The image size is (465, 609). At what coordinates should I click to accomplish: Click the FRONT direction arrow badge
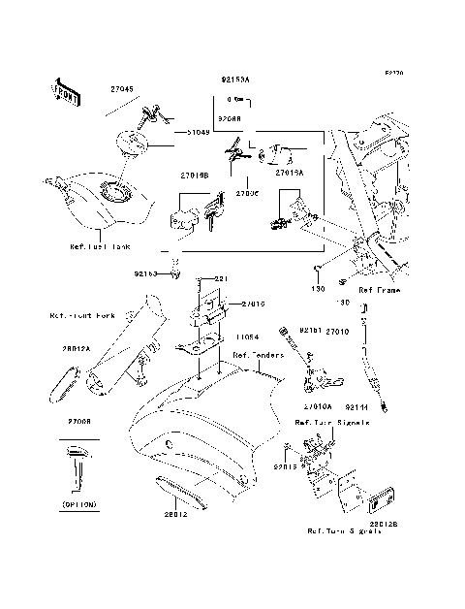tap(63, 89)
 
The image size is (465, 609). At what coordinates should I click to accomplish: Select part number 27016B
tap(194, 176)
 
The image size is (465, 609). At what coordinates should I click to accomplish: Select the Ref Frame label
tap(379, 290)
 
